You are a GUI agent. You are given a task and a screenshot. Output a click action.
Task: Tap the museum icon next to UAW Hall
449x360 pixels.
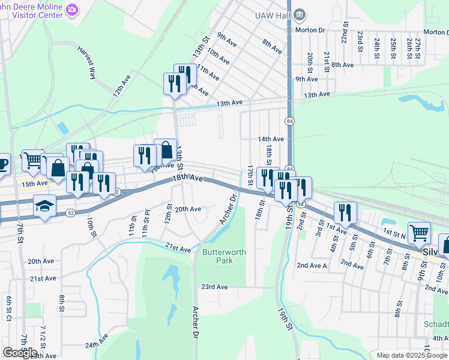click(300, 14)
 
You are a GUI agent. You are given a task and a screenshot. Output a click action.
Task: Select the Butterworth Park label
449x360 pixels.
click(224, 257)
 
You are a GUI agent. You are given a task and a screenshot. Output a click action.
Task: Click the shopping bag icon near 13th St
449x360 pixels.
click(165, 149)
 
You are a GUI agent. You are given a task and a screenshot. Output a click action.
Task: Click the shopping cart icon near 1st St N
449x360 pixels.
click(419, 232)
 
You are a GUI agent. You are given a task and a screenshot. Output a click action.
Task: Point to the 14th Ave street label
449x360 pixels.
click(270, 139)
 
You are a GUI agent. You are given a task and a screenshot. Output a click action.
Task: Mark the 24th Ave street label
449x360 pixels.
click(95, 345)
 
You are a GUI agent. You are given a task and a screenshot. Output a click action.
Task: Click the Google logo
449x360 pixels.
click(20, 352)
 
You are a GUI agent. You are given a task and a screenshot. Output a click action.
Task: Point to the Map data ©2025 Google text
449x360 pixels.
click(412, 355)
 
